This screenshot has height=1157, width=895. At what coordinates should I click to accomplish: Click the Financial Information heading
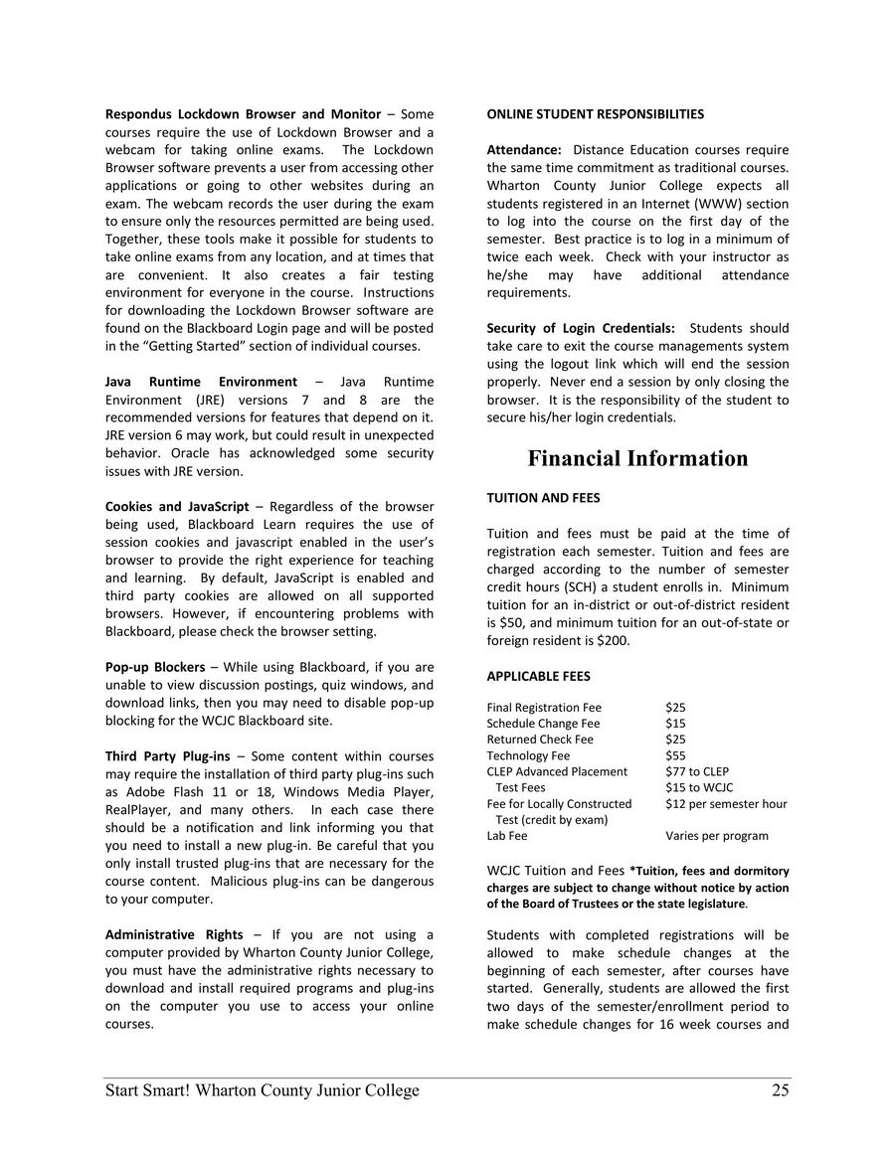coord(637,458)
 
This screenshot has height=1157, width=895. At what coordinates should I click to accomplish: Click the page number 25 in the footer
coord(780,1090)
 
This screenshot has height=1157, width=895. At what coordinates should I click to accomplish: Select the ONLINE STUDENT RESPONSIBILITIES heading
coord(595,114)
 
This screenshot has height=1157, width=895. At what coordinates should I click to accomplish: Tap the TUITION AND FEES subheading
coord(543,498)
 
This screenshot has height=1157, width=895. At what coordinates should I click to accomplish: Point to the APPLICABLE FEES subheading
coord(538,676)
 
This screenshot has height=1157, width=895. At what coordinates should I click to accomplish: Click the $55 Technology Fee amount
coord(675,755)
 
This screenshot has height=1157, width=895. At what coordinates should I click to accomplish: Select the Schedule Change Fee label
coord(543,724)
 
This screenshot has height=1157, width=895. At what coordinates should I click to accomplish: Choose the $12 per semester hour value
coord(726,803)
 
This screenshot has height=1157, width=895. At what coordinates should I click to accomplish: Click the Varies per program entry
coord(716,836)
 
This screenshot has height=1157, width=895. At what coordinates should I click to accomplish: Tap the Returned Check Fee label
coord(540,740)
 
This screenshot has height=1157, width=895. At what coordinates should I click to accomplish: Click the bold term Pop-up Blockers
coord(155,666)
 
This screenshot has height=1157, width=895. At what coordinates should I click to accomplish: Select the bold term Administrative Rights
coord(174,934)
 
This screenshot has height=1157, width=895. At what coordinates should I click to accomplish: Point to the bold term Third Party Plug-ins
coord(167,756)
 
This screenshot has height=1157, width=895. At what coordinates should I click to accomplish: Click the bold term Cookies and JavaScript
coord(177,506)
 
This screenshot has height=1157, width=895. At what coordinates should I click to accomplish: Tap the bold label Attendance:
coord(524,150)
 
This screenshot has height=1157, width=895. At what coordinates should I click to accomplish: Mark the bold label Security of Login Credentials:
coord(581,328)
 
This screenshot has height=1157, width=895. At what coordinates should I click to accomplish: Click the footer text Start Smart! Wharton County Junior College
coord(263,1090)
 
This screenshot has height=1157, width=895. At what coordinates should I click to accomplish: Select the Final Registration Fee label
coord(544,708)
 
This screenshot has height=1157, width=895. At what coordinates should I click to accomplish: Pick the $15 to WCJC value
coord(699,787)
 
